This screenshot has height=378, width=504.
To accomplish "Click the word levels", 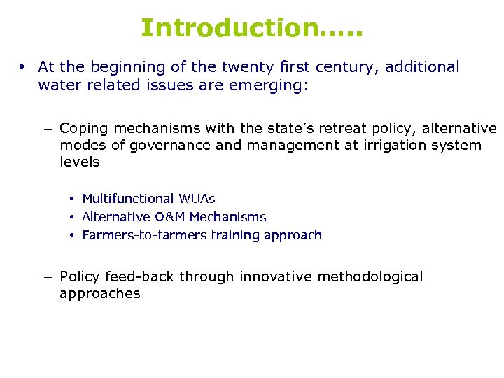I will [x=80, y=162].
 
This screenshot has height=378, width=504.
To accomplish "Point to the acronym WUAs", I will [x=197, y=199].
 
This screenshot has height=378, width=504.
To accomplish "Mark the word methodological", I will [x=370, y=276].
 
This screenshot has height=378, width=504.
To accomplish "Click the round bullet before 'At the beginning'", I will [x=23, y=68].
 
